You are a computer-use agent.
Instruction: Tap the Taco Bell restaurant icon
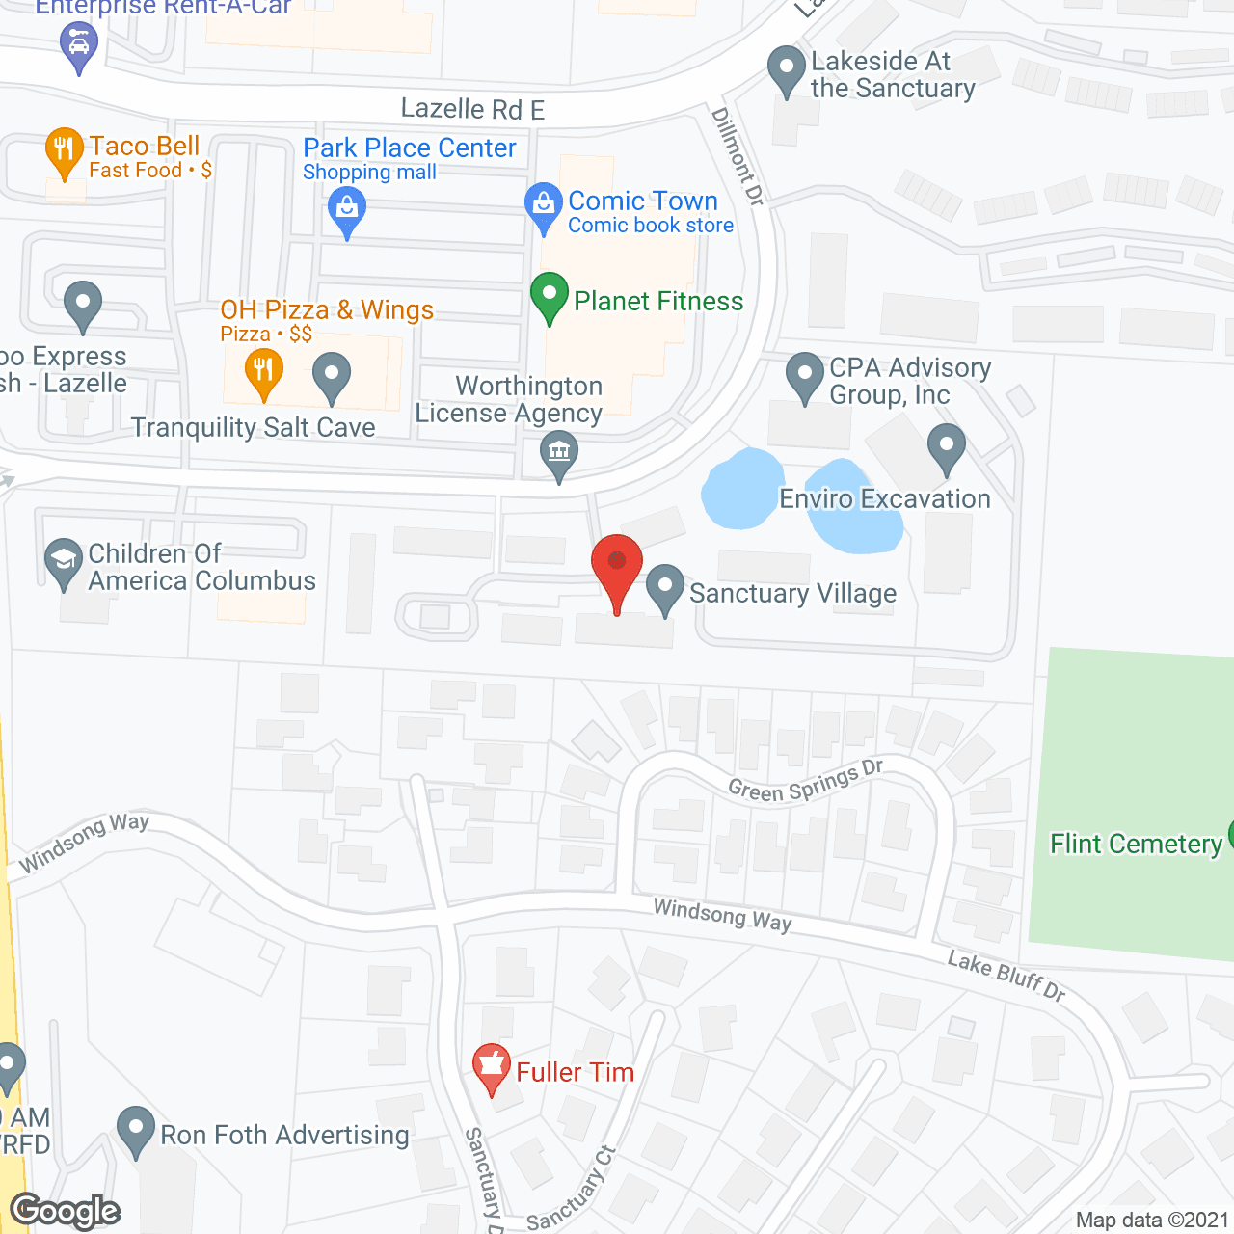tap(64, 150)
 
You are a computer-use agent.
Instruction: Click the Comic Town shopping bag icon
tap(544, 204)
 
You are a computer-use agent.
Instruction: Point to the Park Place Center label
tap(409, 148)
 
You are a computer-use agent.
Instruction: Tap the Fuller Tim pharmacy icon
tap(492, 1066)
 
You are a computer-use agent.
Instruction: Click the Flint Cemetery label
tap(1136, 845)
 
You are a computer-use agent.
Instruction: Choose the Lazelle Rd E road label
tap(472, 109)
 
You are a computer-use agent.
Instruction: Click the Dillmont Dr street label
tap(738, 155)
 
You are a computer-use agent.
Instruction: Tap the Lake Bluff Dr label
tap(1006, 976)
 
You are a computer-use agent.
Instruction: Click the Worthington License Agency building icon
tap(558, 451)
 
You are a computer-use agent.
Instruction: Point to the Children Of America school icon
tap(64, 560)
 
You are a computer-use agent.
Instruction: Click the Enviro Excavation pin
tap(946, 446)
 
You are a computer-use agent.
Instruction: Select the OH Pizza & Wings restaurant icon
tap(262, 371)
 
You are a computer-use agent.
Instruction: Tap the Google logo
tap(65, 1211)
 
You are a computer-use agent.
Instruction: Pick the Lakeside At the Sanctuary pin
tap(786, 68)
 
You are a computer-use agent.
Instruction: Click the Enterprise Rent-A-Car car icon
tap(78, 44)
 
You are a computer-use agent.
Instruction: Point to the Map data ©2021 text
tap(1152, 1221)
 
